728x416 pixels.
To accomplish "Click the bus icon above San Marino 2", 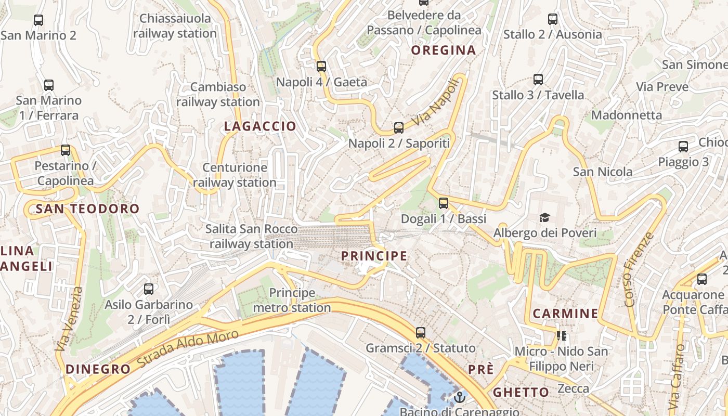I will pyautogui.click(x=38, y=20).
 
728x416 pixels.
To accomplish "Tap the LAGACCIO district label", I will pyautogui.click(x=260, y=126).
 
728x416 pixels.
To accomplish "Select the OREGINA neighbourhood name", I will pyautogui.click(x=444, y=50).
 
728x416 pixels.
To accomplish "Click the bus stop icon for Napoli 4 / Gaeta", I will pyautogui.click(x=321, y=66).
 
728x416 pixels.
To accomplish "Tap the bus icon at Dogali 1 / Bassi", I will pyautogui.click(x=444, y=203).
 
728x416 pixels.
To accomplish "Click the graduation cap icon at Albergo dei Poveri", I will pyautogui.click(x=544, y=217).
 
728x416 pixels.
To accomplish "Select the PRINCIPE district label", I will pyautogui.click(x=374, y=256).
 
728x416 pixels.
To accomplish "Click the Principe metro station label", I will pyautogui.click(x=292, y=300).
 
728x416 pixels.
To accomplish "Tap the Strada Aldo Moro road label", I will pyautogui.click(x=188, y=348).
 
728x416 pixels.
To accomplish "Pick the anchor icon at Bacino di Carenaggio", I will pyautogui.click(x=459, y=397).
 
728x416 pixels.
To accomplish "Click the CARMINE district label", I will pyautogui.click(x=565, y=314).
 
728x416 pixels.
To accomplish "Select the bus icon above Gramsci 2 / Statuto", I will pyautogui.click(x=421, y=332).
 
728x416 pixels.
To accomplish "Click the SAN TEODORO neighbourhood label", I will pyautogui.click(x=87, y=209).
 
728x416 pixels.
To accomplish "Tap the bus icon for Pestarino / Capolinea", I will pyautogui.click(x=66, y=150).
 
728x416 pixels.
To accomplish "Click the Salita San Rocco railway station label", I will pyautogui.click(x=252, y=236).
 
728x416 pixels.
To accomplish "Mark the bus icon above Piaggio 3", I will pyautogui.click(x=683, y=147).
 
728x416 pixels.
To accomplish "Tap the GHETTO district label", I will pyautogui.click(x=521, y=392).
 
